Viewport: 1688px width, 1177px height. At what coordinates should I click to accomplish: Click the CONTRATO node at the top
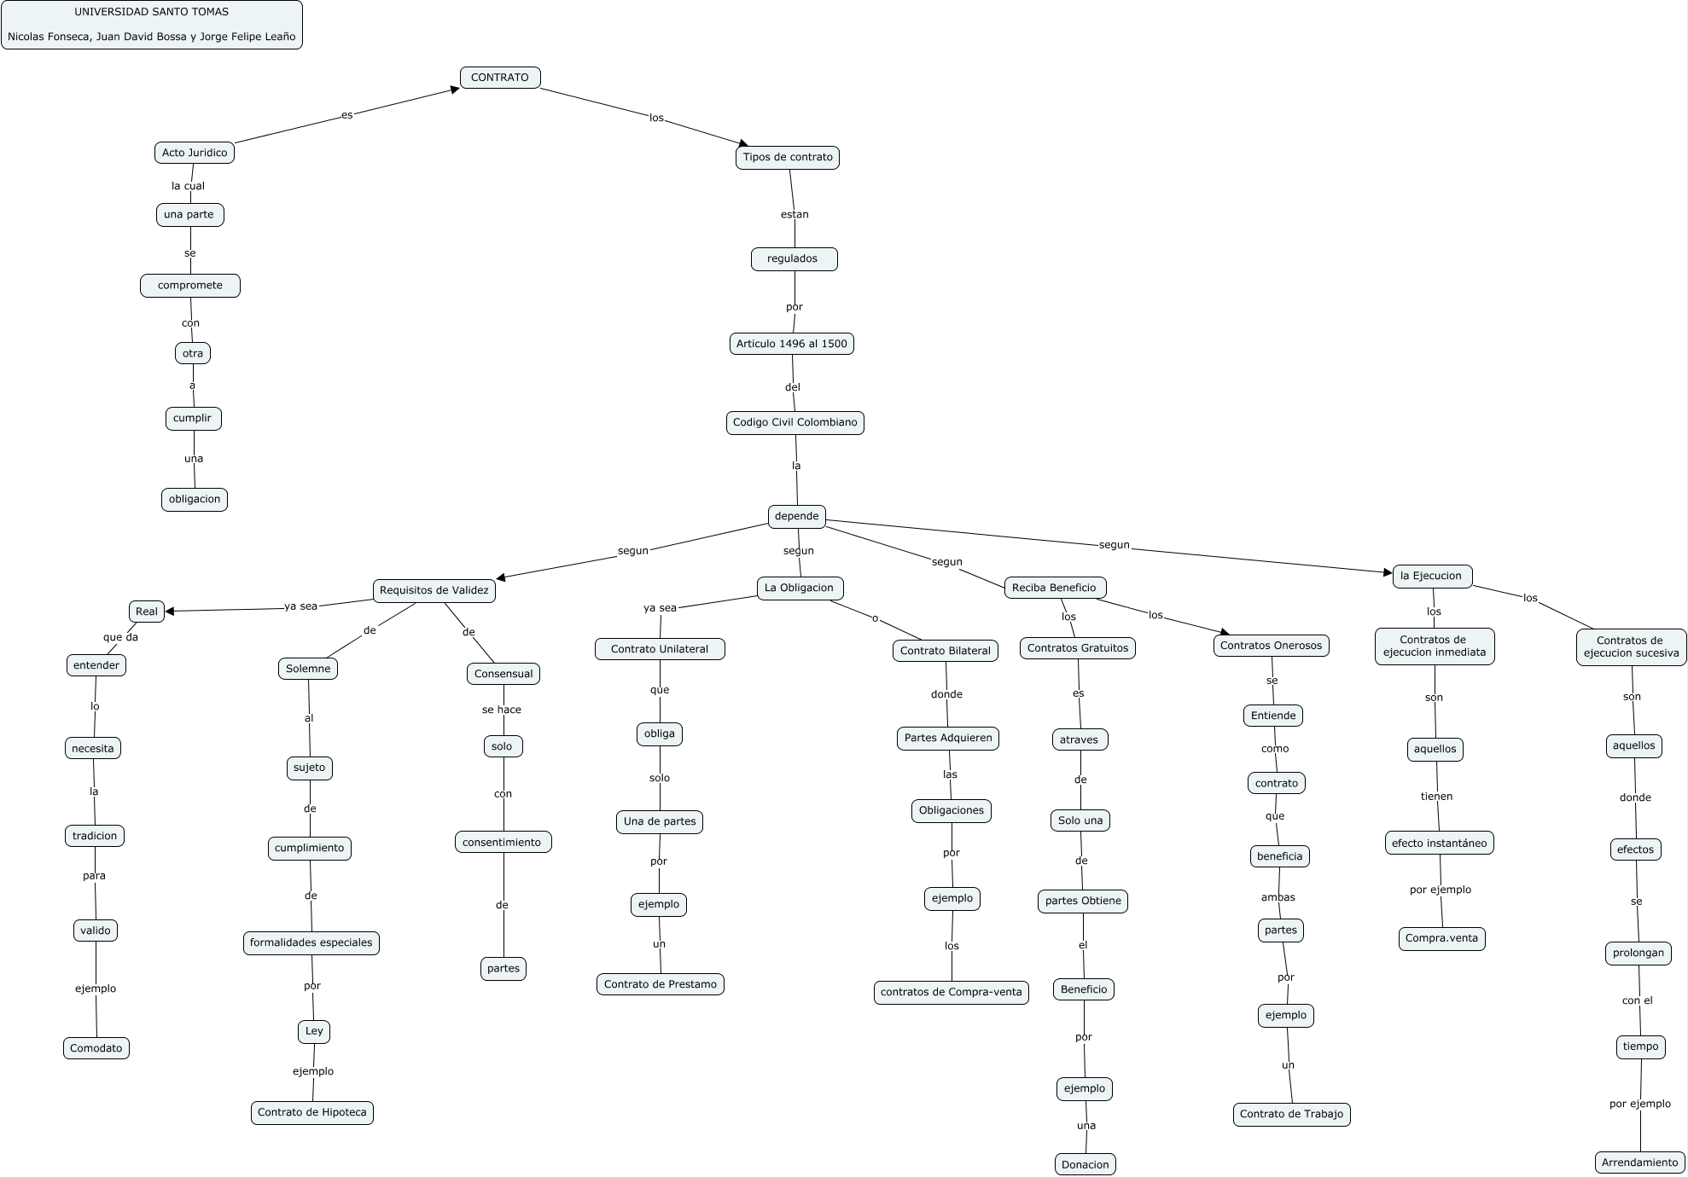point(500,78)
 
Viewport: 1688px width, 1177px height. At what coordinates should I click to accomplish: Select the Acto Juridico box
point(195,153)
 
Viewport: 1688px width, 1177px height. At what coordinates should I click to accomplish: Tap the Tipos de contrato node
point(787,157)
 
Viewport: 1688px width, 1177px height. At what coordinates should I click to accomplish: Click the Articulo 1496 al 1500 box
point(792,344)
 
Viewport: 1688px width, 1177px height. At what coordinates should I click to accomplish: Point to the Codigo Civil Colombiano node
point(795,422)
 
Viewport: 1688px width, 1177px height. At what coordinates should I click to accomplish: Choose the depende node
point(796,516)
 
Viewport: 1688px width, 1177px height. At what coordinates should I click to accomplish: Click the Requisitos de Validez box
point(434,590)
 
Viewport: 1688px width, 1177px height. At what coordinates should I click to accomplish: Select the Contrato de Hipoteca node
point(312,1112)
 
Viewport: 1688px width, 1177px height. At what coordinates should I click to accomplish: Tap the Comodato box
point(96,1048)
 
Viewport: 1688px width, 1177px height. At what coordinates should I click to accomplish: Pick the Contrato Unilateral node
point(660,649)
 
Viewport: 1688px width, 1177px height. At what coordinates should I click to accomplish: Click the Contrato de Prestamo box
point(661,984)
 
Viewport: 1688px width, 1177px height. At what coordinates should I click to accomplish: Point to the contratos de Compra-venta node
point(952,992)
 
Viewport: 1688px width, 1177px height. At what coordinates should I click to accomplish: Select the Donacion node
point(1086,1164)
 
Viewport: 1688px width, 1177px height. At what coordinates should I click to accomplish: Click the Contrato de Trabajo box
point(1291,1114)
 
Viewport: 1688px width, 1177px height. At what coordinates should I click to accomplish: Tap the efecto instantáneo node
point(1439,844)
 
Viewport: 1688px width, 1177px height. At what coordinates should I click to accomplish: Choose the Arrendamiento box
point(1639,1163)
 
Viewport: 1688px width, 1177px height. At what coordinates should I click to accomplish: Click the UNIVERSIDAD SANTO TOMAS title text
point(152,12)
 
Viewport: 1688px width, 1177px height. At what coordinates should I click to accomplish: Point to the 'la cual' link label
point(188,186)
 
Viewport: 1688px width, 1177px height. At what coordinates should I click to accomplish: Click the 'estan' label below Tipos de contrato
point(795,214)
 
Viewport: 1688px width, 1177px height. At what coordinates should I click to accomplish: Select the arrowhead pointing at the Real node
point(170,611)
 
